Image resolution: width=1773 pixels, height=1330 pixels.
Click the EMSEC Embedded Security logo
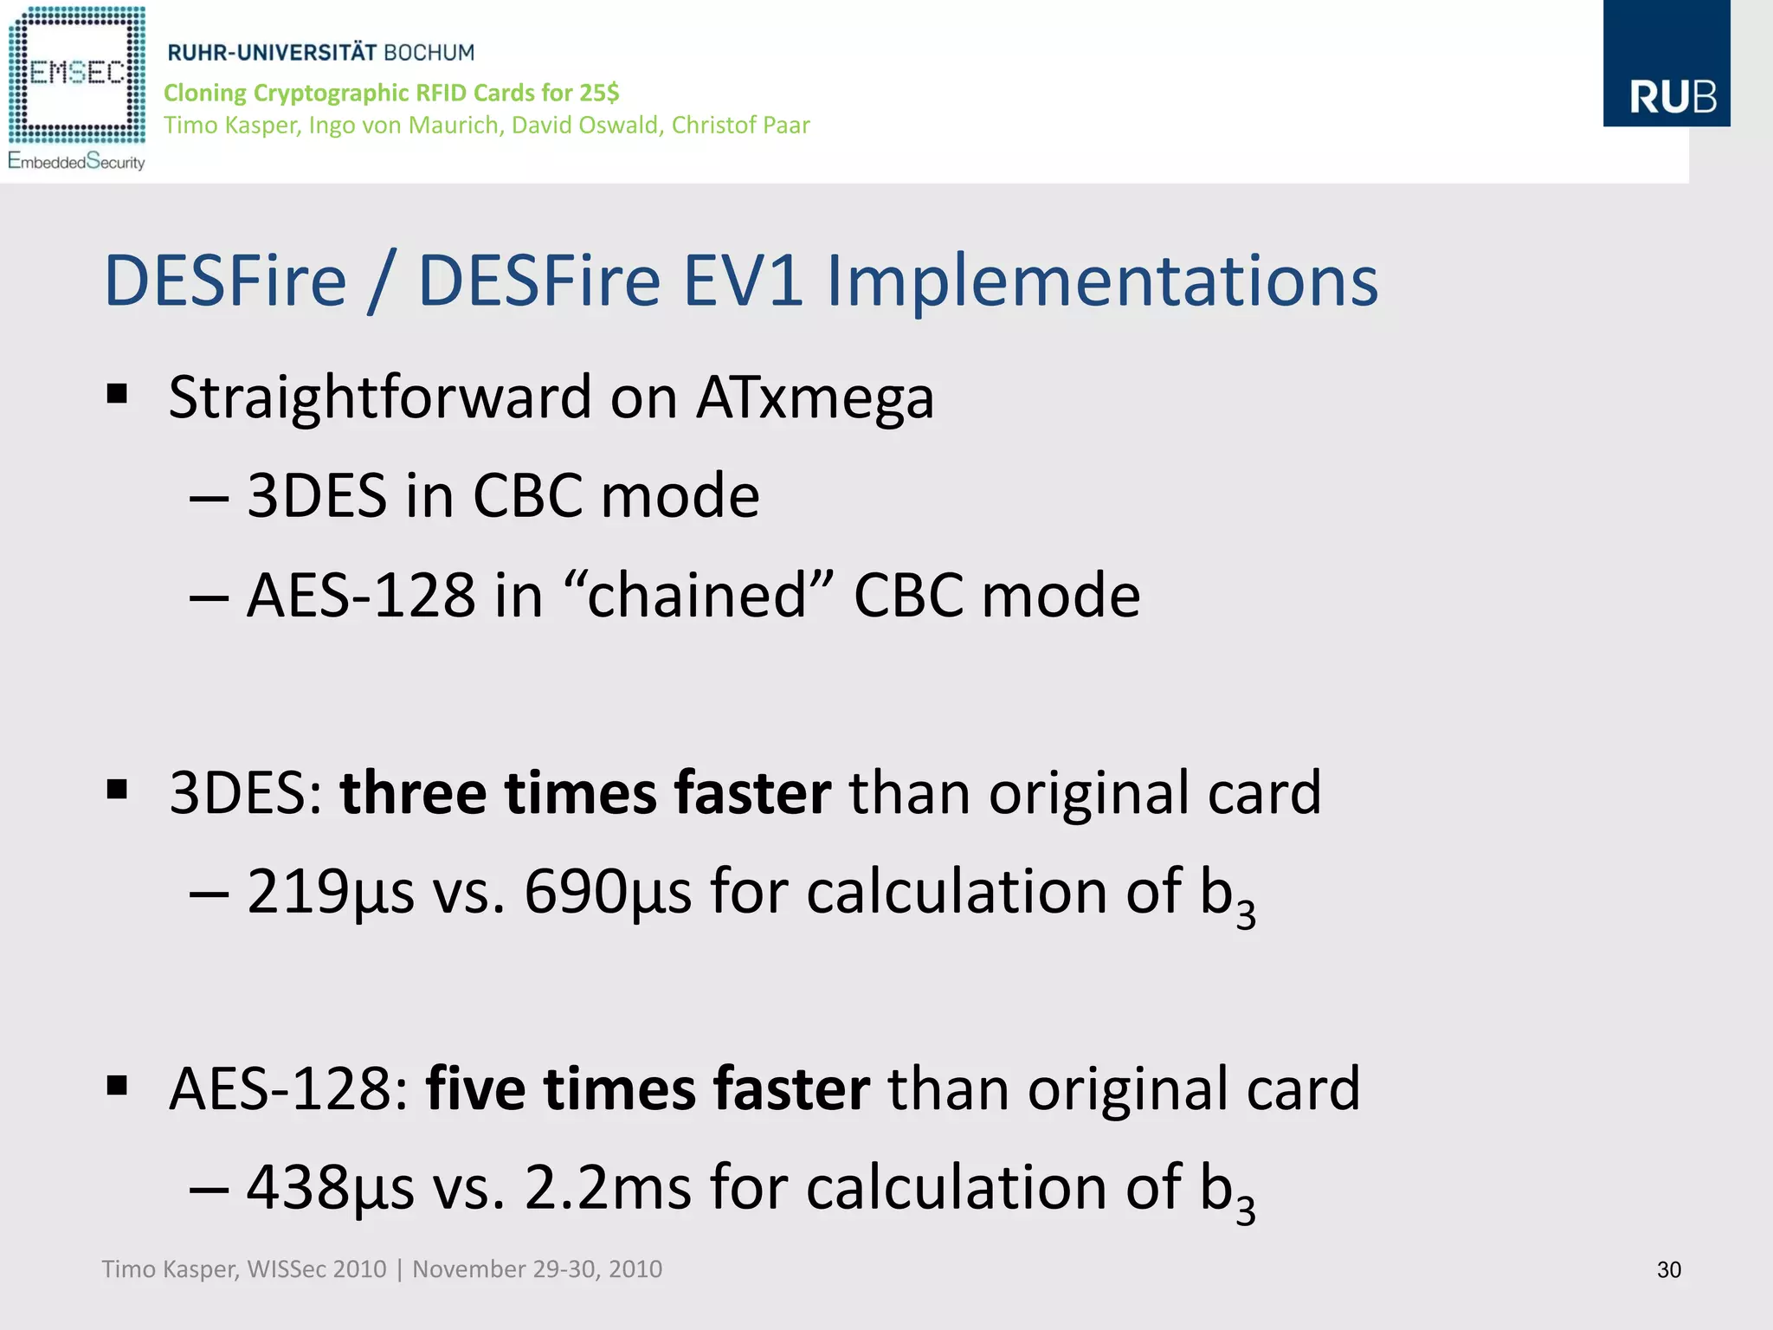point(76,87)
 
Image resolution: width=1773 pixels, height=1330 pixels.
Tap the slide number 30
point(1668,1269)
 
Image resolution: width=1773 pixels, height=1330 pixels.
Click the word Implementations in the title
point(1101,281)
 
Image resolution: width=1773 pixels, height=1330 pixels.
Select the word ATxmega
point(815,398)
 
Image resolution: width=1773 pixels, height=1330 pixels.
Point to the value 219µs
point(330,891)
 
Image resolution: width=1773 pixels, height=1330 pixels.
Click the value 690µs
point(608,891)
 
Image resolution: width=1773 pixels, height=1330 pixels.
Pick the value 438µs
point(330,1187)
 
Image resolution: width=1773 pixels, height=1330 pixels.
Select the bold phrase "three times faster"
point(585,792)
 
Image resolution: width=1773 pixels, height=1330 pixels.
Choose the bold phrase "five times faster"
point(648,1088)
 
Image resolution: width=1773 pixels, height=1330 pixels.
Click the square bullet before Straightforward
point(118,395)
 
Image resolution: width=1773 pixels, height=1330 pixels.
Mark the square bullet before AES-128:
point(118,1085)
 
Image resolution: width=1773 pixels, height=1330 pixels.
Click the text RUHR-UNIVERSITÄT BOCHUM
point(320,53)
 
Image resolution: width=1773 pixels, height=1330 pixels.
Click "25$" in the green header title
point(599,93)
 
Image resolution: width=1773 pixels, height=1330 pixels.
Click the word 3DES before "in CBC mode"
point(317,496)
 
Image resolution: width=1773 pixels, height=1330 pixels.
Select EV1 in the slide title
point(744,281)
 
